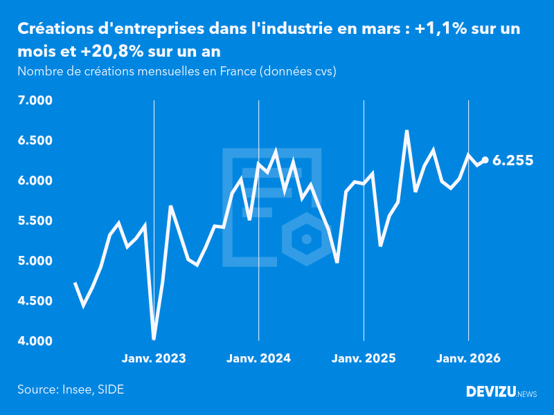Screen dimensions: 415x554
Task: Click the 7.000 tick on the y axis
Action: tap(35, 101)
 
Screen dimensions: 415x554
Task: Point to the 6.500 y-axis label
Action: tap(35, 141)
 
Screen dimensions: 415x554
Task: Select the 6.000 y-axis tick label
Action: tap(35, 181)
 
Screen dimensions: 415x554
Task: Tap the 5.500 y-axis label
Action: tap(35, 221)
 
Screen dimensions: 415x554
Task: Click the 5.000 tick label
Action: tap(35, 261)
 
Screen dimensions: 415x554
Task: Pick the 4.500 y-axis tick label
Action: tap(35, 302)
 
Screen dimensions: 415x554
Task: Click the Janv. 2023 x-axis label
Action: tap(154, 359)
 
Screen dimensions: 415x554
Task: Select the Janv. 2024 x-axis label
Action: tap(259, 359)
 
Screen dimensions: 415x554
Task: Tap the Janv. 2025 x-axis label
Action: tap(364, 359)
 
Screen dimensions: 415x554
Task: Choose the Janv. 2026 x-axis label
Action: tap(469, 359)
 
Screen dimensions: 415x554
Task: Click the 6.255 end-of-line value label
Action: tap(512, 160)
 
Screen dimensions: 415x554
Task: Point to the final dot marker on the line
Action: tap(485, 160)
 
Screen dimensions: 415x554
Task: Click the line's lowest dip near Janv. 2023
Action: tap(154, 339)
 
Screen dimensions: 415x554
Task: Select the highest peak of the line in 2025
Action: tap(406, 131)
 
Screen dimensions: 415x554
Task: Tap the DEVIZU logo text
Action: tap(490, 392)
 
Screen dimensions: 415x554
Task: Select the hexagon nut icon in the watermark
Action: tap(305, 239)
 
